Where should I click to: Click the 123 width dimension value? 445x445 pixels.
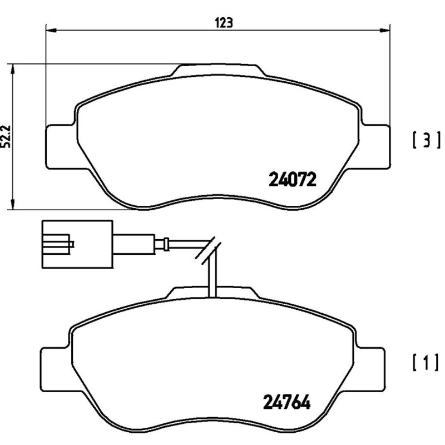pyautogui.click(x=222, y=22)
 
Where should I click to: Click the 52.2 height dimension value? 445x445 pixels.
pyautogui.click(x=7, y=136)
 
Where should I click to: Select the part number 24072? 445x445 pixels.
pyautogui.click(x=293, y=179)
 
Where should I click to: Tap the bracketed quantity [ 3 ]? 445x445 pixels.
pyautogui.click(x=427, y=140)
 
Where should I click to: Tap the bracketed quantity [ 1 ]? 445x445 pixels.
pyautogui.click(x=427, y=363)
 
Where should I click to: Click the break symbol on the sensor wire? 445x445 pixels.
pyautogui.click(x=208, y=250)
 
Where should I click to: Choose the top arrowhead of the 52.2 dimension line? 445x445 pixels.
pyautogui.click(x=13, y=67)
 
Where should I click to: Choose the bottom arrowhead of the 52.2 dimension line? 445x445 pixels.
pyautogui.click(x=13, y=206)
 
